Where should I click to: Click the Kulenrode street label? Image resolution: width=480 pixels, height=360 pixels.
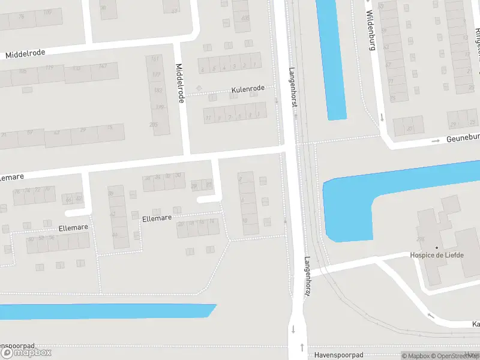(x=248, y=89)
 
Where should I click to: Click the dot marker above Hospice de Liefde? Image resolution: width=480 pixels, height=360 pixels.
(x=437, y=247)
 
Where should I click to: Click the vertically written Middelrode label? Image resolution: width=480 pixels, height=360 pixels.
(x=179, y=83)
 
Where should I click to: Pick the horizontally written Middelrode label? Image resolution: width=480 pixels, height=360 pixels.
(x=25, y=54)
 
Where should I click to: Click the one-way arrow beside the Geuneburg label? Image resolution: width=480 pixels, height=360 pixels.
(x=438, y=141)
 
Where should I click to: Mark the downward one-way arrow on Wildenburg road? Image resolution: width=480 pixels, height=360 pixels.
(x=380, y=116)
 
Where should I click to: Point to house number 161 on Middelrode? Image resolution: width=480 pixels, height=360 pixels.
(x=155, y=59)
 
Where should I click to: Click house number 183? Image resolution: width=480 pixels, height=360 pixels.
(x=158, y=91)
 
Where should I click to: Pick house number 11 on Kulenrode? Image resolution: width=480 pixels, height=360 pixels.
(x=208, y=118)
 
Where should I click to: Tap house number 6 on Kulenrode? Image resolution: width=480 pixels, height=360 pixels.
(x=203, y=70)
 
